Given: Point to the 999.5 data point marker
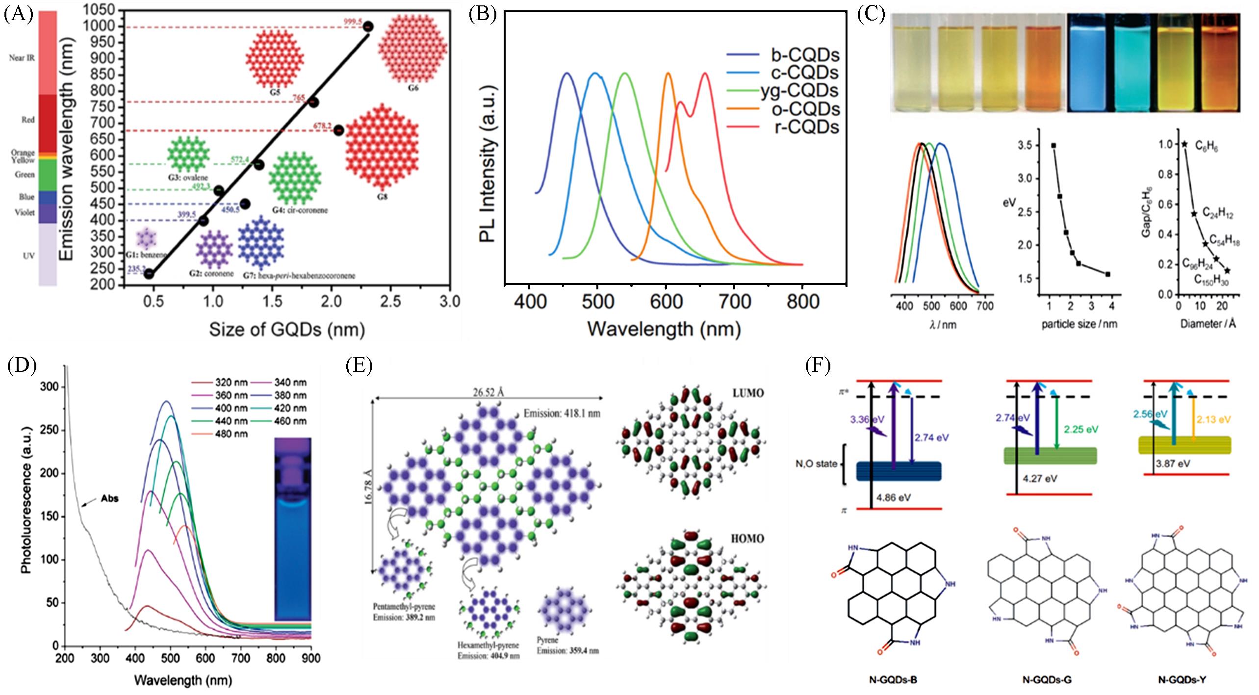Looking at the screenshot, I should [x=368, y=27].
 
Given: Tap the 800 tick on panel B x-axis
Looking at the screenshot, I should [x=802, y=301].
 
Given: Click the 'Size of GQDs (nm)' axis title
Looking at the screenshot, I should [x=287, y=330].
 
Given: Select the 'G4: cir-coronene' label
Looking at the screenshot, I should [x=300, y=210].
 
